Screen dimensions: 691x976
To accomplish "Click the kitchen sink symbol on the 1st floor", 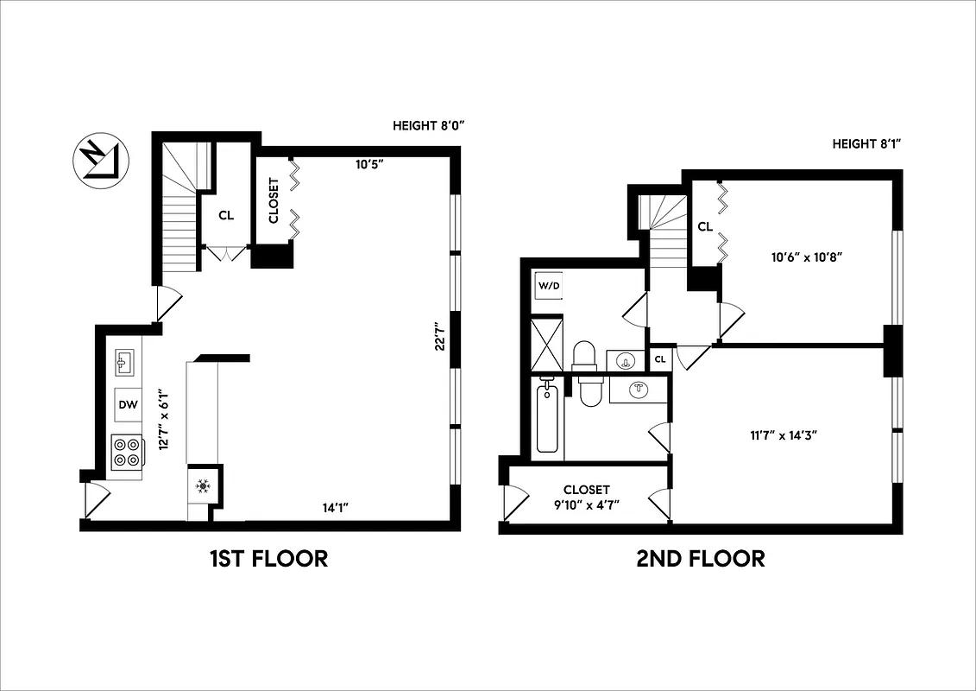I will click(124, 362).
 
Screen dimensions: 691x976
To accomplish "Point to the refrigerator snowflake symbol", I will click(204, 486).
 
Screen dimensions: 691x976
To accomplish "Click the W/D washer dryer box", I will click(549, 286).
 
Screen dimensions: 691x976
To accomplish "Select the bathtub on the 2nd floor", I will click(549, 419).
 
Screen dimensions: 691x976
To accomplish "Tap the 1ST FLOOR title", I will click(268, 559).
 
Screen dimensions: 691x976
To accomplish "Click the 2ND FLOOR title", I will click(700, 559).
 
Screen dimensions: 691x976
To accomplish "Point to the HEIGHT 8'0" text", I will click(428, 126).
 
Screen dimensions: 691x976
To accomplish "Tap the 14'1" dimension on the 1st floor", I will click(331, 509).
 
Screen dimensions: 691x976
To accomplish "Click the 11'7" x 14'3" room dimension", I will click(783, 434).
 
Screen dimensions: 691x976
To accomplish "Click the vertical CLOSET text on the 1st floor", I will click(274, 200).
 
